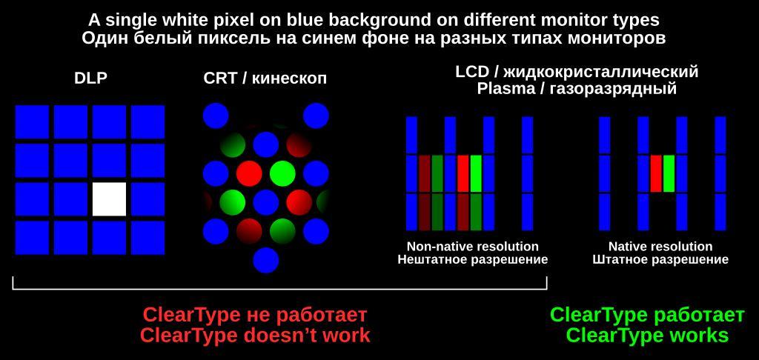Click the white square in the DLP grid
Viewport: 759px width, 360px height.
(x=110, y=199)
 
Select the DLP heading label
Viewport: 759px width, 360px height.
(x=90, y=78)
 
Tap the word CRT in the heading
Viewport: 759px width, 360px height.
(x=221, y=78)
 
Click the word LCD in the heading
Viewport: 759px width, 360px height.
(x=471, y=72)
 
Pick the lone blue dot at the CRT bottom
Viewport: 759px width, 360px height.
(x=266, y=260)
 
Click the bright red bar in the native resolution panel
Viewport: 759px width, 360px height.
(x=656, y=173)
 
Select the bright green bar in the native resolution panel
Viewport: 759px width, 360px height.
(x=669, y=173)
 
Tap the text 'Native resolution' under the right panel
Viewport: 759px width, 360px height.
(x=660, y=246)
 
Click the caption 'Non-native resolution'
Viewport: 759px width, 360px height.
(x=472, y=246)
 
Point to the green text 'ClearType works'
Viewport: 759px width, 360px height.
(x=647, y=336)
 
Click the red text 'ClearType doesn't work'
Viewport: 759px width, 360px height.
(x=255, y=336)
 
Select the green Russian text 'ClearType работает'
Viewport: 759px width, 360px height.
(x=648, y=315)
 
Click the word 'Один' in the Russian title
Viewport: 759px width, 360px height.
(x=100, y=39)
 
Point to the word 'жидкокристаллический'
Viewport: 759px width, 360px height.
(x=600, y=73)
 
